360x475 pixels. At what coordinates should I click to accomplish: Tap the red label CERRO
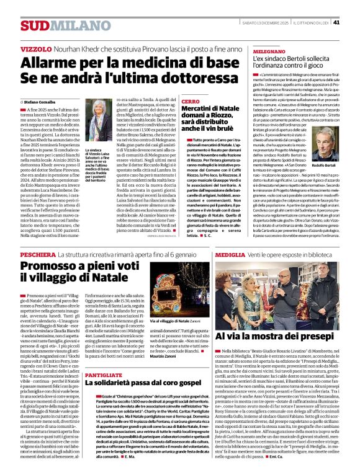191,101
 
